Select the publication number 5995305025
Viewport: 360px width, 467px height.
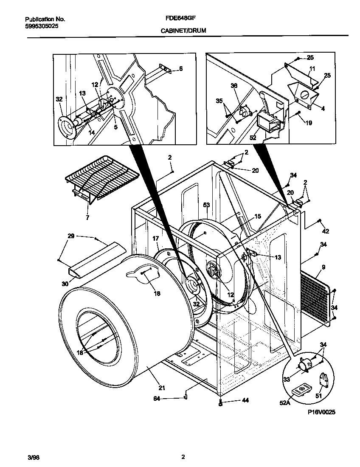click(42, 26)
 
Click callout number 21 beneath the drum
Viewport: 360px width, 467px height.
click(162, 387)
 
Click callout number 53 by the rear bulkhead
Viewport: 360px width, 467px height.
click(206, 205)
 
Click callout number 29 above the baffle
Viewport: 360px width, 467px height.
click(71, 236)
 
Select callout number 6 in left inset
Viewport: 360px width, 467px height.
click(180, 68)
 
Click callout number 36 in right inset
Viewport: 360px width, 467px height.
click(234, 86)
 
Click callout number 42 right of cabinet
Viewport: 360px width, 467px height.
click(326, 231)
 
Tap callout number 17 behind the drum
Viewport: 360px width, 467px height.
click(156, 239)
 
